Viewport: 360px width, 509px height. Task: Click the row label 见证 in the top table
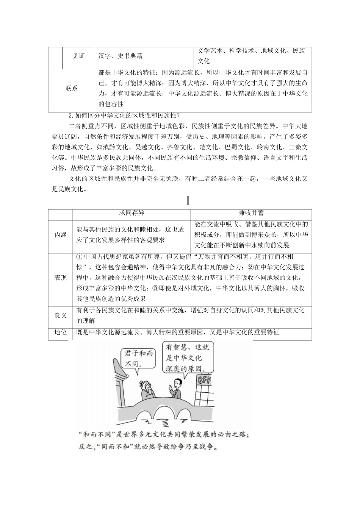[x=78, y=56]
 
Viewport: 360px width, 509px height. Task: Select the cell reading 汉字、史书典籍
[x=120, y=56]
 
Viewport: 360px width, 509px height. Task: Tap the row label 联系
[x=71, y=88]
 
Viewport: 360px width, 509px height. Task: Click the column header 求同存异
[x=131, y=213]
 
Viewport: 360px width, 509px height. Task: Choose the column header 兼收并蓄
[x=251, y=213]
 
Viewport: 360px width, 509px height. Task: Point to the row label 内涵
[x=61, y=235]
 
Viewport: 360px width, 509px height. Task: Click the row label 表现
[x=61, y=278]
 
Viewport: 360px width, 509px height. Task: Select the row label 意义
[x=61, y=315]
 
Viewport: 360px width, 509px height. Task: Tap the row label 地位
[x=61, y=332]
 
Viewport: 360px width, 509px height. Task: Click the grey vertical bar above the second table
[x=188, y=200]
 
